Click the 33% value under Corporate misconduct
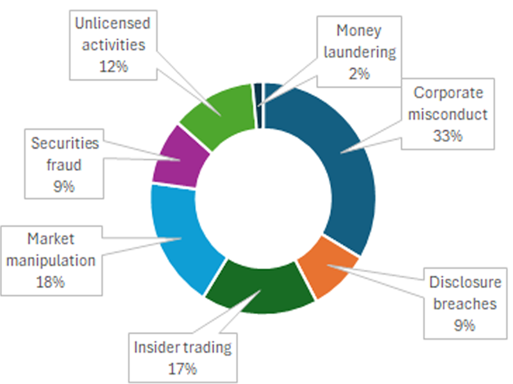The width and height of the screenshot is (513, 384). point(447,135)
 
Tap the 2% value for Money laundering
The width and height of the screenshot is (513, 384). point(360,73)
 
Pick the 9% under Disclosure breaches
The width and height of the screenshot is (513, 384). point(464,325)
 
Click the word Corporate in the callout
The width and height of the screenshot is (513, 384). point(447,93)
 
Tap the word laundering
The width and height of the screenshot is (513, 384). point(360,52)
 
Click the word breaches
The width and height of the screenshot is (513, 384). point(465,303)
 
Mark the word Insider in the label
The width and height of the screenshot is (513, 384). point(154,348)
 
